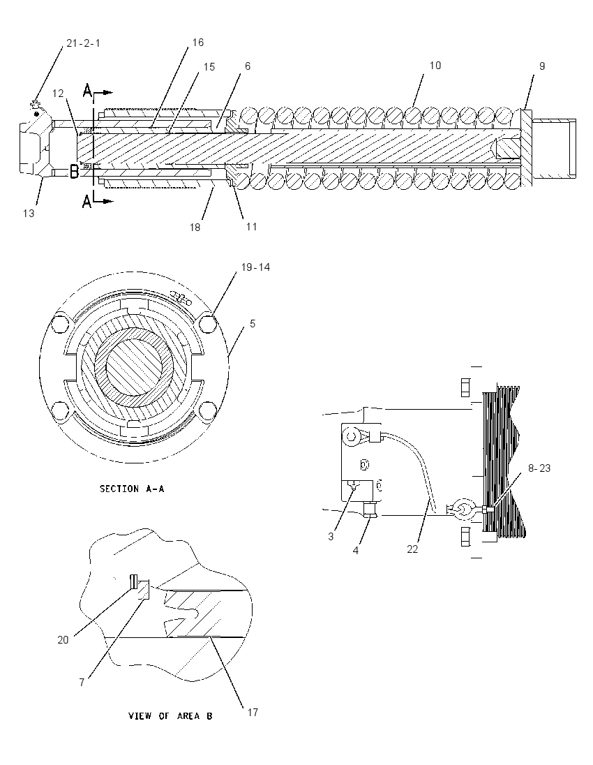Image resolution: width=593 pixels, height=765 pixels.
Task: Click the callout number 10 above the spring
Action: [x=435, y=66]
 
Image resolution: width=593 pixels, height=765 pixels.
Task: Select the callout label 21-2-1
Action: [x=84, y=43]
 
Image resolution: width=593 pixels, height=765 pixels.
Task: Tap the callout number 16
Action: [x=197, y=43]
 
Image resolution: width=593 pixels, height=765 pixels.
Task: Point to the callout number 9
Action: [x=542, y=66]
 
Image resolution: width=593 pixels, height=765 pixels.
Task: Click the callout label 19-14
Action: [x=255, y=267]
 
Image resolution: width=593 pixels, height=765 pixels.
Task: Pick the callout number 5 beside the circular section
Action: [x=252, y=323]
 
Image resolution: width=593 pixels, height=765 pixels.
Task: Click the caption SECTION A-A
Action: [x=132, y=489]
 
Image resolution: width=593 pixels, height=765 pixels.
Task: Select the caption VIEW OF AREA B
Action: [x=170, y=716]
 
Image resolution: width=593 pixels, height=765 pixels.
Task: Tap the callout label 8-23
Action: [x=539, y=468]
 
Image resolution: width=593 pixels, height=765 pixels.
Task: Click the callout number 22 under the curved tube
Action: [x=412, y=549]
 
